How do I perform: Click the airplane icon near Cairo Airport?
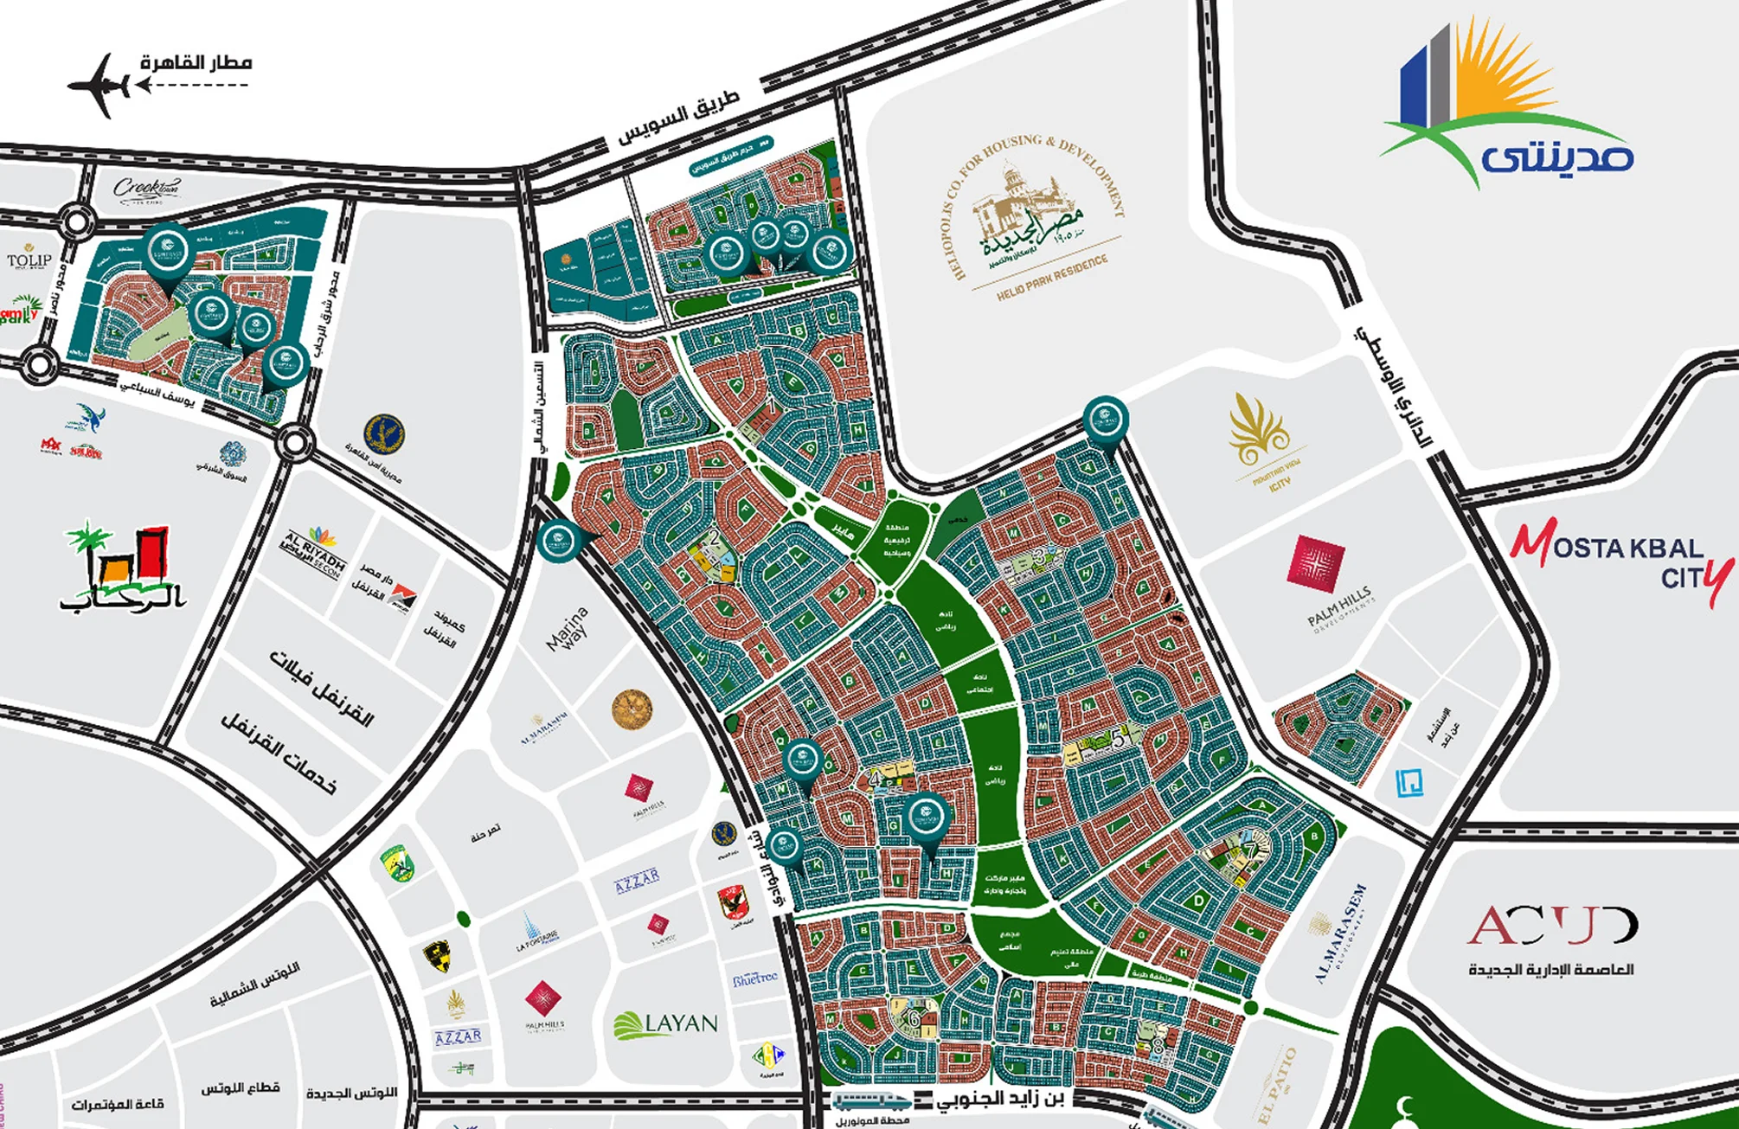[x=99, y=85]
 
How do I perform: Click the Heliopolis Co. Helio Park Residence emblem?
[x=1034, y=216]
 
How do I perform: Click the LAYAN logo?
[x=666, y=1024]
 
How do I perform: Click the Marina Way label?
[x=568, y=629]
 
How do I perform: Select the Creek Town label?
[x=146, y=189]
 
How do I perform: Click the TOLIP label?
[x=29, y=259]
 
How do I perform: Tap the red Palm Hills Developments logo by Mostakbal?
[x=1317, y=563]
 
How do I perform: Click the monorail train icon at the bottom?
[x=872, y=1101]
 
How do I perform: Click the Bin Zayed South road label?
[x=1004, y=1100]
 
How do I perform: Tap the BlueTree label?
[x=754, y=978]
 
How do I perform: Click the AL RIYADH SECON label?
[x=313, y=554]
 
